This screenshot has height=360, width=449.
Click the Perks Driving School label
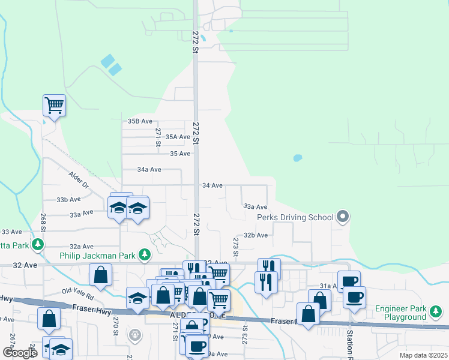[295, 217]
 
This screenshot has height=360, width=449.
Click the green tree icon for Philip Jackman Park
[144, 255]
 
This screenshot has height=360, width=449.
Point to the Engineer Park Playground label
[401, 313]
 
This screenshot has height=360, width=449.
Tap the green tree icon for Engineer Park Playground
[436, 311]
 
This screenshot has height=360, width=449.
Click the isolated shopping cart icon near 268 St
[54, 106]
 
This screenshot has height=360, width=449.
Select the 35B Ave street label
[141, 121]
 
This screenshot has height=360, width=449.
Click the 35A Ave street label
[178, 137]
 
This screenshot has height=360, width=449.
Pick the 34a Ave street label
[149, 170]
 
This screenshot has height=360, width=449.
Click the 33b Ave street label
[68, 199]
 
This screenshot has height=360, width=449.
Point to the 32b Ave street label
[255, 235]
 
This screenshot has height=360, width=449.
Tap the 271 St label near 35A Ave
[158, 137]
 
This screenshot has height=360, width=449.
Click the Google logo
[20, 353]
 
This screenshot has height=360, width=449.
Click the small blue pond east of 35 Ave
[297, 158]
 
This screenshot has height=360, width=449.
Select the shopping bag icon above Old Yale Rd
[100, 275]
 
